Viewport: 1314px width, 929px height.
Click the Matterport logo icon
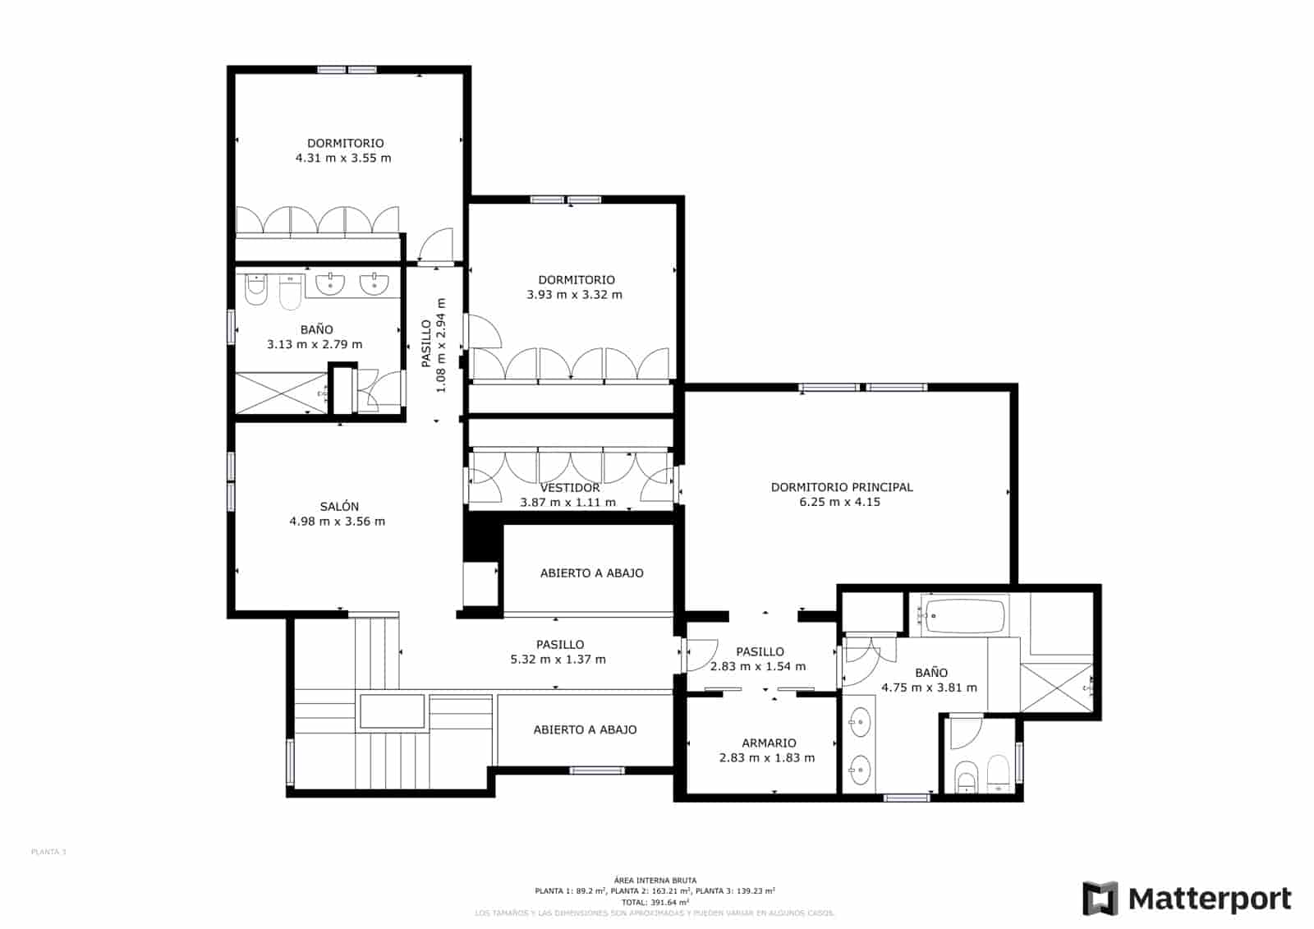[x=1100, y=898]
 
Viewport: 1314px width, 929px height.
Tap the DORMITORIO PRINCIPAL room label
[x=842, y=487]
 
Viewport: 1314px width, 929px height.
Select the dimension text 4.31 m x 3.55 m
[x=343, y=158]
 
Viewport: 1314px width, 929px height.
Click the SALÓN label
[x=339, y=507]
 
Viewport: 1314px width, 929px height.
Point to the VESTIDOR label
[x=570, y=488]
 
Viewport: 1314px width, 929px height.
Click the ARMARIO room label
[x=769, y=743]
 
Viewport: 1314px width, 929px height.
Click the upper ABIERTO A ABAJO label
[x=591, y=573]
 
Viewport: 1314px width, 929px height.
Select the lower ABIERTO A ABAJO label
[x=585, y=729]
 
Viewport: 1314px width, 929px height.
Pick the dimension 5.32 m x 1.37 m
[x=558, y=660]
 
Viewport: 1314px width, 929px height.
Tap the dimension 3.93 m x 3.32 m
[x=574, y=295]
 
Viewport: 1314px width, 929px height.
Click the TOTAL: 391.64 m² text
[x=655, y=902]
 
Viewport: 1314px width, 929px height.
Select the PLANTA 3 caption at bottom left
[x=48, y=852]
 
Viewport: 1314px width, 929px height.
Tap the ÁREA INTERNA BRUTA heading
[x=655, y=881]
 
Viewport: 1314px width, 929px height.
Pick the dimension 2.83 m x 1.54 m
[x=757, y=667]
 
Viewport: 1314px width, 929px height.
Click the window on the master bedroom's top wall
[x=862, y=387]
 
